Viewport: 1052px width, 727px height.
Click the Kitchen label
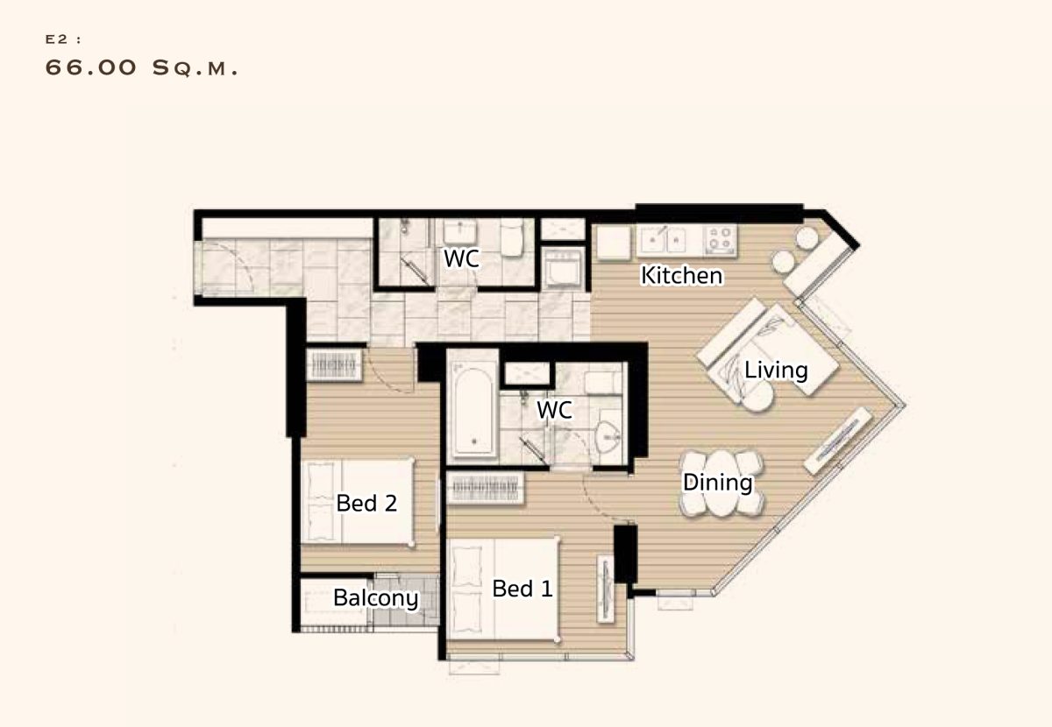[x=681, y=276]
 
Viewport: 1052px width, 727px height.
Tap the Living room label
[x=776, y=371]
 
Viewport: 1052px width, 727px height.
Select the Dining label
[x=717, y=483]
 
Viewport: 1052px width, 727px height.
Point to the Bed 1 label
[x=522, y=589]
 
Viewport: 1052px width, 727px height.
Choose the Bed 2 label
[x=366, y=503]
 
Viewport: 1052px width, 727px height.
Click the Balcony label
[x=375, y=598]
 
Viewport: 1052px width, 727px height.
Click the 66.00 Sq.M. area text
[x=141, y=68]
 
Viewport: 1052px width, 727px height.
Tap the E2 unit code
[x=57, y=39]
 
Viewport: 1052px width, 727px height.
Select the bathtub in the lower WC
[x=473, y=408]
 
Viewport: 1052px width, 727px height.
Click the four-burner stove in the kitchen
[x=721, y=240]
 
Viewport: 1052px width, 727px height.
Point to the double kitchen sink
[x=664, y=240]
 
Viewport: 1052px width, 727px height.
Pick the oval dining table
[x=721, y=483]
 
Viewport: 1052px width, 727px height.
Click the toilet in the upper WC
[x=511, y=237]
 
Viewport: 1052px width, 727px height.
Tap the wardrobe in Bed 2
[x=334, y=364]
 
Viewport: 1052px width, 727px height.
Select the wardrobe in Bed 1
[x=485, y=488]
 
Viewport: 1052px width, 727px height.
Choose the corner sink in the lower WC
[x=608, y=437]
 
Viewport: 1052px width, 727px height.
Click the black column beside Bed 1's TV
[x=625, y=554]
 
